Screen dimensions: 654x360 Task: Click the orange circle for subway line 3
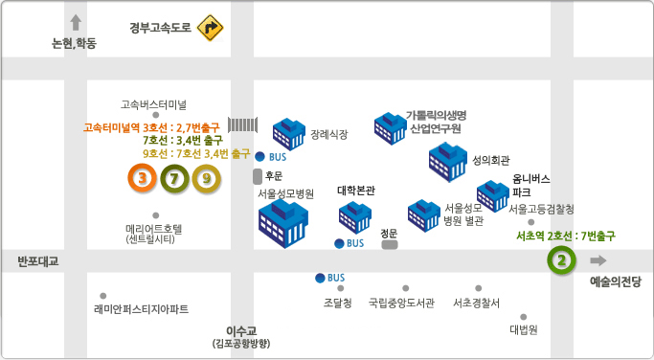coord(143,177)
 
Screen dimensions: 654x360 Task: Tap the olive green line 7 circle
coord(174,177)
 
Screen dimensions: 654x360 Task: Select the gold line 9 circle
coord(206,177)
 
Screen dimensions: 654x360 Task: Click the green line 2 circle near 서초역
coord(564,259)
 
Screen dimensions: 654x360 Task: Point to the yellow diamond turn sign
coord(210,29)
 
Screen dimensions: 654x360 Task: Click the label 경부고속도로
coord(162,29)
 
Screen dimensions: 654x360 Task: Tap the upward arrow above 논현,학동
coord(76,22)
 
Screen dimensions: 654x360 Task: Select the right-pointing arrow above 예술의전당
coord(598,260)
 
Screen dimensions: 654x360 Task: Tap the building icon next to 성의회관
coord(445,159)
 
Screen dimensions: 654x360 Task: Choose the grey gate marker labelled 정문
coord(390,244)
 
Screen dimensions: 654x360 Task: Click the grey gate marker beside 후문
coord(257,176)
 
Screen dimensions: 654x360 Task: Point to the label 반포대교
coord(38,261)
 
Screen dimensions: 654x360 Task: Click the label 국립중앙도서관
coord(401,304)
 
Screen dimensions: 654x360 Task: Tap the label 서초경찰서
coord(476,304)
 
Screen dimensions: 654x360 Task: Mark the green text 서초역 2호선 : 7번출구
coord(565,235)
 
